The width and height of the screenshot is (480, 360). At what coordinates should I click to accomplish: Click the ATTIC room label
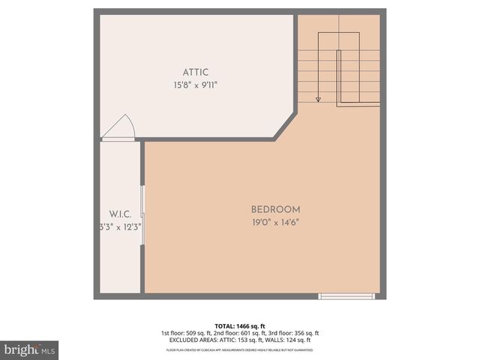[x=196, y=72]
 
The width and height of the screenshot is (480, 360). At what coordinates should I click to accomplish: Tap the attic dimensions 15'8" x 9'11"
[x=196, y=85]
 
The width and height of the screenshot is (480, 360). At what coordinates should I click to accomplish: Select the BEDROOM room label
[x=275, y=209]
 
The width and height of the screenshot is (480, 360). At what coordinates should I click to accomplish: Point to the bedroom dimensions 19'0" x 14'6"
[x=275, y=222]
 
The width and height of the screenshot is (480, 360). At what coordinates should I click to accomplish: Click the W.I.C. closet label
[x=120, y=214]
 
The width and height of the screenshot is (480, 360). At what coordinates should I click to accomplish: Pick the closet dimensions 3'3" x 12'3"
[x=120, y=226]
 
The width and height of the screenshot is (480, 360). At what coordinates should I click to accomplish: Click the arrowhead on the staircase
[x=319, y=98]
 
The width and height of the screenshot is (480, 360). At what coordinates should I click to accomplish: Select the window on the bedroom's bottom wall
[x=346, y=296]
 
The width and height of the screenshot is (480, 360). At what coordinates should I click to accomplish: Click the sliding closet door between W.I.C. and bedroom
[x=142, y=217]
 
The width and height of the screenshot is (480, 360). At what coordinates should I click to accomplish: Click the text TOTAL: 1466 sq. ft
[x=239, y=326]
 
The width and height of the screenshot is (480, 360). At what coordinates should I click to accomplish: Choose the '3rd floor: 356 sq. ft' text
[x=293, y=333]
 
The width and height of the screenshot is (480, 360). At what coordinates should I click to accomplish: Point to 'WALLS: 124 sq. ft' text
[x=290, y=340]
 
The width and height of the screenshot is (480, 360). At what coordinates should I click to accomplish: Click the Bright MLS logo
[x=29, y=349]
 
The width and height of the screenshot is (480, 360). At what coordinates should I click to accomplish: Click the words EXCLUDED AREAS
[x=196, y=340]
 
